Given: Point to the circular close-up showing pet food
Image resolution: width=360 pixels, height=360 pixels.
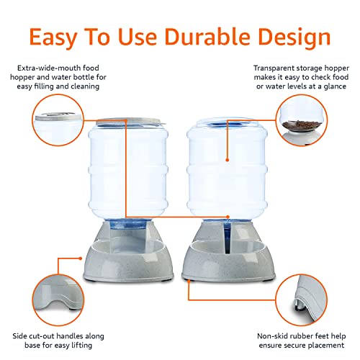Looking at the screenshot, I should pos(301,120).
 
